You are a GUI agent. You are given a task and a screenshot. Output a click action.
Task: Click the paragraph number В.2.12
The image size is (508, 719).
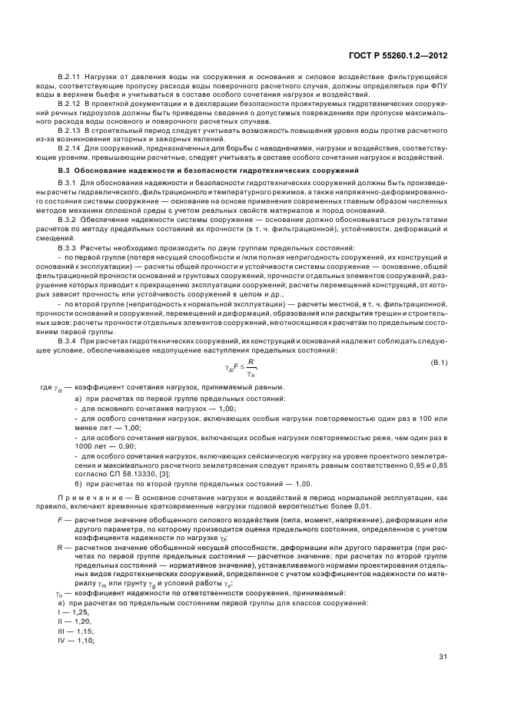[x=71, y=102]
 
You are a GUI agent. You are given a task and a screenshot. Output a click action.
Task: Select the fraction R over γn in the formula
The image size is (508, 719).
[x=250, y=366]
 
